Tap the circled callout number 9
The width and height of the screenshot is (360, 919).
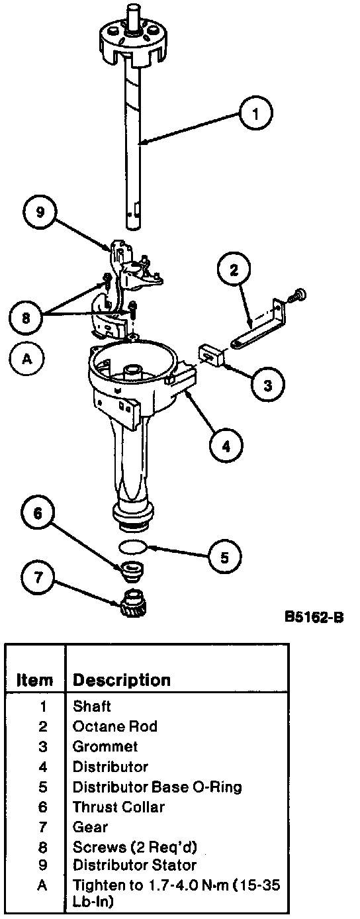click(x=40, y=213)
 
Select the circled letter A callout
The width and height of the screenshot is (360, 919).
click(x=26, y=359)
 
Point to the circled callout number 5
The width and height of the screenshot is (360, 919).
click(x=224, y=557)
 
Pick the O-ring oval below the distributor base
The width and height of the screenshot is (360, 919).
click(x=132, y=546)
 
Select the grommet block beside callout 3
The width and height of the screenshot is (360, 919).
click(x=211, y=355)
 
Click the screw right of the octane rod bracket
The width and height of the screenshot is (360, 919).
click(x=298, y=295)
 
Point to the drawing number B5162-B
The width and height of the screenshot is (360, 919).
click(x=314, y=616)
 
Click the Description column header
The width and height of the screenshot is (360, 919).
click(x=121, y=680)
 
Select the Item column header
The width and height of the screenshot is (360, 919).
click(x=35, y=680)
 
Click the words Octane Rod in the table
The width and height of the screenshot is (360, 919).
click(x=114, y=726)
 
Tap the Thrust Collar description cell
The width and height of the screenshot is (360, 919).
click(x=118, y=806)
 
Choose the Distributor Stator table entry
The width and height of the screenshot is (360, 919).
click(x=134, y=865)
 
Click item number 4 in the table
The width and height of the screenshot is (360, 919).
click(x=43, y=767)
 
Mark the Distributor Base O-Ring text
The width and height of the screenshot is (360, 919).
click(x=157, y=787)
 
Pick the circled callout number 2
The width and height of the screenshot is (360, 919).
click(x=234, y=270)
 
